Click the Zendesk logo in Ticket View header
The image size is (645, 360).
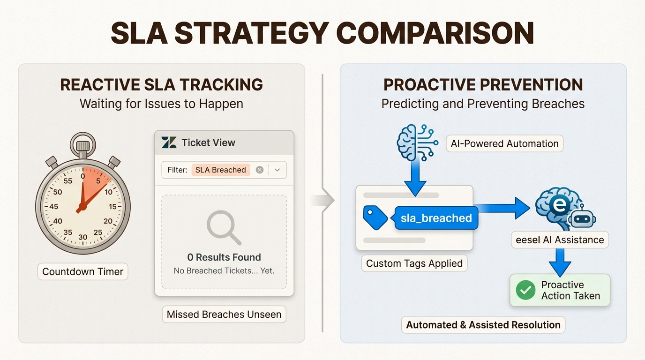[x=169, y=142]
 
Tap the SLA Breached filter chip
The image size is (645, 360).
[x=220, y=170]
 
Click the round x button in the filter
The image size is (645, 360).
[x=259, y=170]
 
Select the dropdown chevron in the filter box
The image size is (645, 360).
[x=277, y=170]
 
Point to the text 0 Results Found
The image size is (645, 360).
[x=224, y=257]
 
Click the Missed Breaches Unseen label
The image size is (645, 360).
[x=224, y=315]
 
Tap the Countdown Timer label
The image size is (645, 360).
[x=83, y=271]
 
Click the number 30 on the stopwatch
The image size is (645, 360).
[x=83, y=237]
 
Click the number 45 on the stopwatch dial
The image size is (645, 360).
[x=53, y=206]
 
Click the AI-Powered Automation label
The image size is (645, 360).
[x=504, y=143]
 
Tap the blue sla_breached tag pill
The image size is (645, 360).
[x=436, y=218]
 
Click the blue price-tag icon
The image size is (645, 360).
[x=375, y=217]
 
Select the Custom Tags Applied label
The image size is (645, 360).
[x=414, y=263]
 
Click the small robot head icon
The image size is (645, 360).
[x=581, y=217]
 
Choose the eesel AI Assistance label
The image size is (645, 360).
[x=560, y=240]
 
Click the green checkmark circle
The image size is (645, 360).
[x=525, y=291]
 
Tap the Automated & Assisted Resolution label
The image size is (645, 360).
[x=483, y=325]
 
